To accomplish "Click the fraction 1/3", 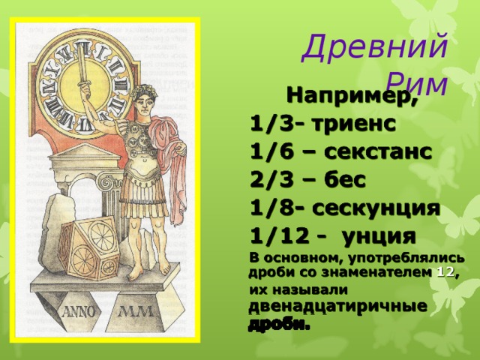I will pos(271,124).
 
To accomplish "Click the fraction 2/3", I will pos(271,180).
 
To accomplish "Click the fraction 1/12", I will pos(277,236).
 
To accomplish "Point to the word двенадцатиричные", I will pos(337,306).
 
